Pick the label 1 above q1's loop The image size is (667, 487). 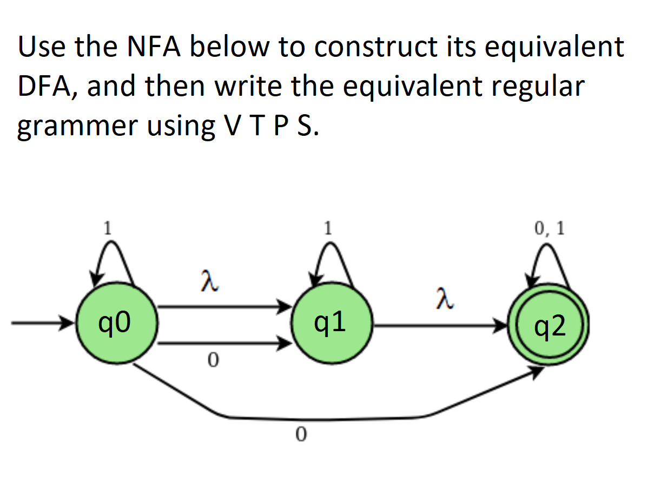[327, 228]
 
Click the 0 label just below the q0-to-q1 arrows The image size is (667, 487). [213, 359]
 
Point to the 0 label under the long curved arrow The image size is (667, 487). [301, 433]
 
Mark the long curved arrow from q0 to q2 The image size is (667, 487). [325, 419]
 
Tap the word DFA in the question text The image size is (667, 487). [46, 87]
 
